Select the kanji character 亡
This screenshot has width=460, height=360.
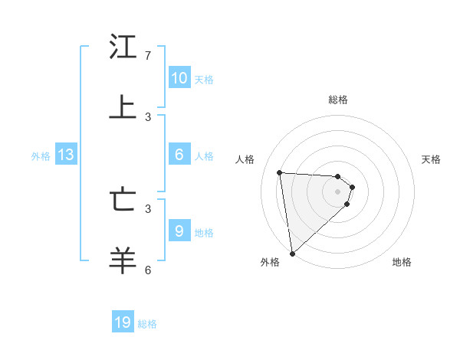point(123,200)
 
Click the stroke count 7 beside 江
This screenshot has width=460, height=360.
point(148,56)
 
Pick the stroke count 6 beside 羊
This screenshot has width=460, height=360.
point(148,270)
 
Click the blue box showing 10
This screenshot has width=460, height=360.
point(179,78)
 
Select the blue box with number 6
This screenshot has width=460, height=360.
point(179,155)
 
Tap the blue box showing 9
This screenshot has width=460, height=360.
point(179,231)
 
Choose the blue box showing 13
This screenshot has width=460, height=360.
point(66,155)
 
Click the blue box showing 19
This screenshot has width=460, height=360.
point(123,322)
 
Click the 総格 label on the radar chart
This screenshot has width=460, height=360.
point(338,100)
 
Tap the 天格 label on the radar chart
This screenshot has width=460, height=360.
point(431,159)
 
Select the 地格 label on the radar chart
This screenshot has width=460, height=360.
point(402,262)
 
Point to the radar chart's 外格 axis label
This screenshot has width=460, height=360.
point(270,262)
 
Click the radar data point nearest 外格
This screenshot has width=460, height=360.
point(292,253)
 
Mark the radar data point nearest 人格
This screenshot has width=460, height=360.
point(280,172)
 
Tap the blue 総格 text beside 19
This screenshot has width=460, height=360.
point(147,324)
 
